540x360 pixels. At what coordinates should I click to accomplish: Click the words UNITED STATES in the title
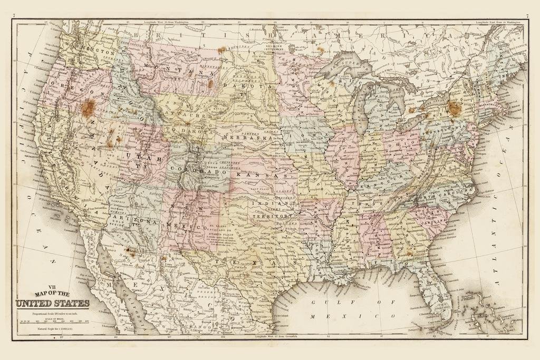coord(52,303)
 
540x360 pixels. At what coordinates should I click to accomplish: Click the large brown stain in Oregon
coord(88,108)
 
